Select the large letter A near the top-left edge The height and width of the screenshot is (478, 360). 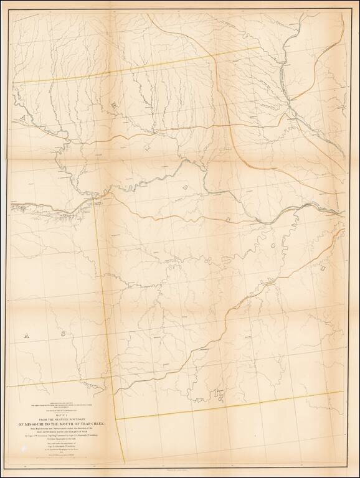point(22,118)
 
